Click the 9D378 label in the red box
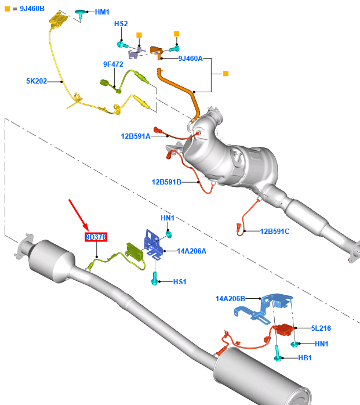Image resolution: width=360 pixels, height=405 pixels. pyautogui.click(x=96, y=237)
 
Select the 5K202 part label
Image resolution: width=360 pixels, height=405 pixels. pyautogui.click(x=36, y=82)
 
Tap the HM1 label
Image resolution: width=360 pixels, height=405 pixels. pyautogui.click(x=102, y=12)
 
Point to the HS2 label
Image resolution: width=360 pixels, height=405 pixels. pyautogui.click(x=121, y=24)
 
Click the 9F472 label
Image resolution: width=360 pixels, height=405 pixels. pyautogui.click(x=113, y=64)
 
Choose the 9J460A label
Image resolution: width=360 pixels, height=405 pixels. pyautogui.click(x=190, y=58)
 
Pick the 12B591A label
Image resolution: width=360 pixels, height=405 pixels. pyautogui.click(x=135, y=136)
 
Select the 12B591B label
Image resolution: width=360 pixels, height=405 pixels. pyautogui.click(x=166, y=182)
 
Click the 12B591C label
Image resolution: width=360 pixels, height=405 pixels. pyautogui.click(x=274, y=232)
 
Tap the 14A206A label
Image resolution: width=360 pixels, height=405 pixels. pyautogui.click(x=191, y=251)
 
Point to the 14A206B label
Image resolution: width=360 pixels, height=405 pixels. pyautogui.click(x=230, y=299)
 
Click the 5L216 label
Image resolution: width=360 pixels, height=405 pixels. pyautogui.click(x=321, y=328)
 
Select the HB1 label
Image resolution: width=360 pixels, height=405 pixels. pyautogui.click(x=305, y=358)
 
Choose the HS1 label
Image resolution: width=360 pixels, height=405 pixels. pyautogui.click(x=180, y=282)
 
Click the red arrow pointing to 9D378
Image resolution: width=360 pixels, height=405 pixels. pyautogui.click(x=78, y=214)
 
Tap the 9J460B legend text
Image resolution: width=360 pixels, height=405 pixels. pyautogui.click(x=27, y=9)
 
